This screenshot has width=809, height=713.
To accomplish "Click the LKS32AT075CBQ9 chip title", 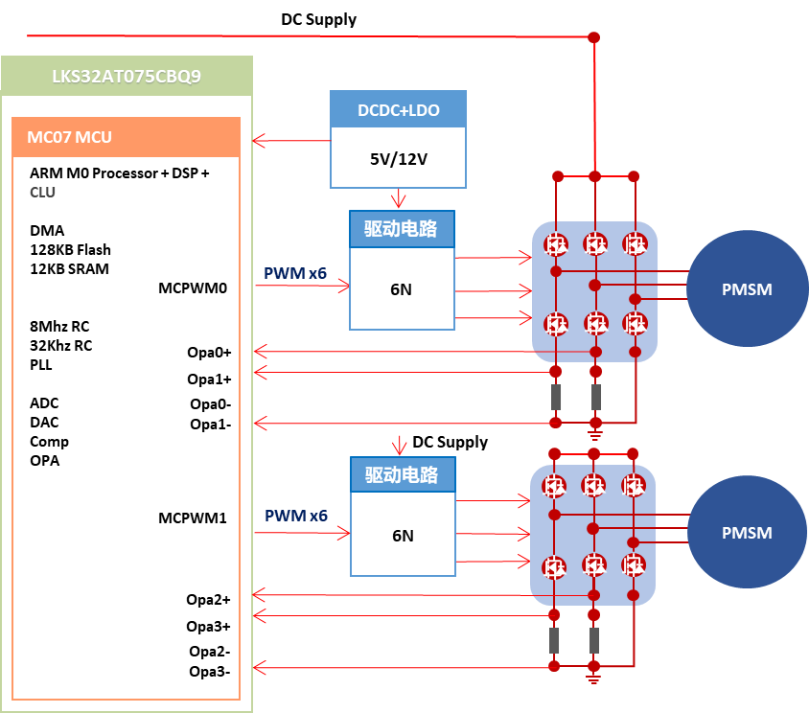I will [x=127, y=76].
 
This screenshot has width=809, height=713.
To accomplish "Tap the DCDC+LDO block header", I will [x=398, y=110].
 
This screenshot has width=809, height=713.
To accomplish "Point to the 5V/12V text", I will [x=398, y=155].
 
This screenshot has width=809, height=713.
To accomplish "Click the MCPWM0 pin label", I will [x=192, y=287].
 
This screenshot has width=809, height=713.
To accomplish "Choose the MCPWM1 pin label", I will [x=192, y=517].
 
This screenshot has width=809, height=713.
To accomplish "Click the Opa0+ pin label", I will [x=209, y=352].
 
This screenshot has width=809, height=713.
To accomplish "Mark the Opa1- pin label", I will [x=210, y=424].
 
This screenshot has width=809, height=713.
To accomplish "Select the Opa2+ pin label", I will [x=208, y=600].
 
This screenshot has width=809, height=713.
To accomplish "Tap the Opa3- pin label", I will [x=209, y=671].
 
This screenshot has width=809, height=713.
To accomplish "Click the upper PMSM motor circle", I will [x=746, y=289].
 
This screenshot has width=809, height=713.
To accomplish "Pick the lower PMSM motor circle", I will [x=746, y=532].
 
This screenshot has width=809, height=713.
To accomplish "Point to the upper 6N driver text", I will [x=401, y=288].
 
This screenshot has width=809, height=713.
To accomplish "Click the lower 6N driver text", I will [x=403, y=536].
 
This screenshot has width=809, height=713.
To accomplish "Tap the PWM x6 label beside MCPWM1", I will [x=295, y=516].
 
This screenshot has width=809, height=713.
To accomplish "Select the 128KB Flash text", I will [x=70, y=249].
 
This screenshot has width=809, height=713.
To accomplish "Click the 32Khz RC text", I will [x=60, y=345].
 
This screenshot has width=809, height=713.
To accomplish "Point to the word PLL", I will [x=41, y=364].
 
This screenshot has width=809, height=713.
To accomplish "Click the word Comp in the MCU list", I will [x=49, y=441].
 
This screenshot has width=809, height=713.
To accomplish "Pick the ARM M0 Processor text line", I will [x=119, y=172].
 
